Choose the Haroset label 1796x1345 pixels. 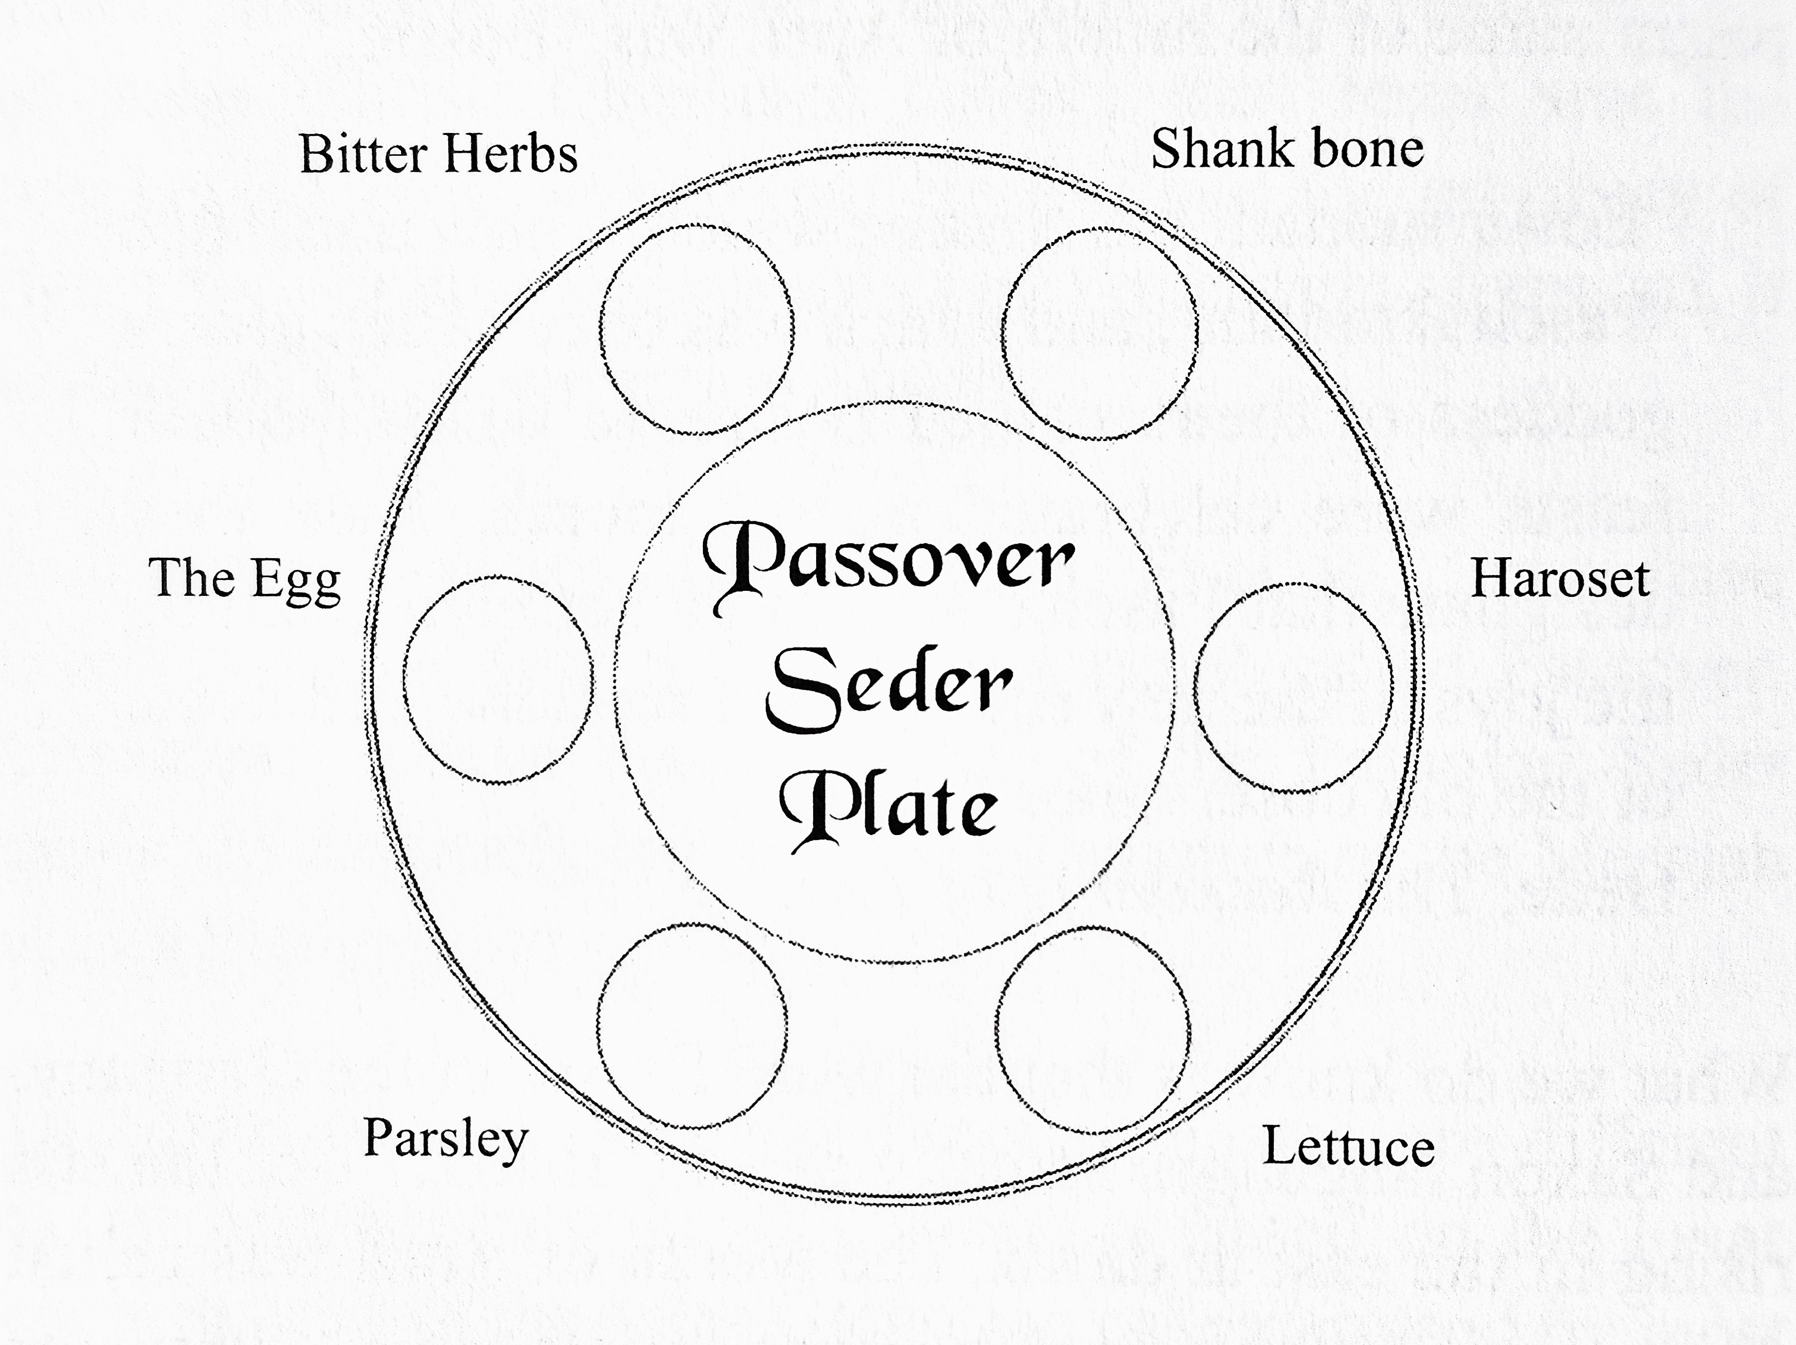coord(1560,579)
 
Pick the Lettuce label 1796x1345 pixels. coord(1348,1148)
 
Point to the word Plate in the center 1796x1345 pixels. coord(889,808)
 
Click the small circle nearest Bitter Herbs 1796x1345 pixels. coord(696,329)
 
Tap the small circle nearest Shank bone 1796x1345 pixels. coord(1100,333)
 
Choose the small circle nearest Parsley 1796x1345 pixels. coord(692,1025)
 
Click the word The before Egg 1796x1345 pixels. coord(192,579)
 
